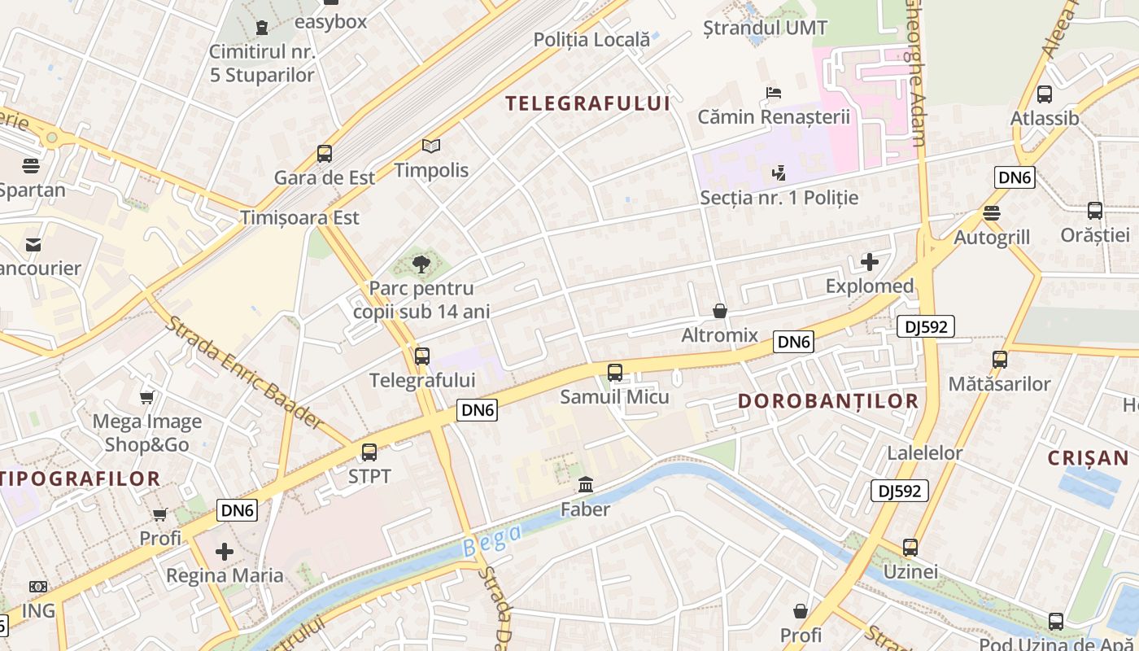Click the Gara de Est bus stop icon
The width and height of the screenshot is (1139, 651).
(x=324, y=153)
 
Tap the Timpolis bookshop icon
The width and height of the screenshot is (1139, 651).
(x=431, y=146)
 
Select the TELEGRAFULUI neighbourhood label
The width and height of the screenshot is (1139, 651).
(x=587, y=103)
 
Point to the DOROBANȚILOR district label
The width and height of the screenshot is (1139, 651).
(x=828, y=400)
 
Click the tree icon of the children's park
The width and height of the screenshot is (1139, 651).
(x=421, y=264)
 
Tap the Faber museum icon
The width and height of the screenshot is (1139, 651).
(x=585, y=486)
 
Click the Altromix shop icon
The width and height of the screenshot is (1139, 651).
(x=719, y=311)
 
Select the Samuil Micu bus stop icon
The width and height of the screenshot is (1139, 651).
(x=615, y=373)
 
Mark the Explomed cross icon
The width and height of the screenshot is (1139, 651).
(x=870, y=262)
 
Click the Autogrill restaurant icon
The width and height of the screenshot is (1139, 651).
(x=991, y=213)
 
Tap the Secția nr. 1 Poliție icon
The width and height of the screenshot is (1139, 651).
(x=779, y=173)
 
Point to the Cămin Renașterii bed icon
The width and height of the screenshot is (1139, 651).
(x=773, y=93)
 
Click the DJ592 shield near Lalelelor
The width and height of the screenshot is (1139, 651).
(x=901, y=491)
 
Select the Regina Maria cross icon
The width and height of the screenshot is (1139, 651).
(x=225, y=552)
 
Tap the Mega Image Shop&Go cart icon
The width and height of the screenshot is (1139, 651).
(x=146, y=397)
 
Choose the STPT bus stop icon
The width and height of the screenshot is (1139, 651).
(x=369, y=452)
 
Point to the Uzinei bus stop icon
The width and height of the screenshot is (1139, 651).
(x=910, y=548)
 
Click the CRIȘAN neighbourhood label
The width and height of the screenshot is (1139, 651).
(x=1088, y=457)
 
